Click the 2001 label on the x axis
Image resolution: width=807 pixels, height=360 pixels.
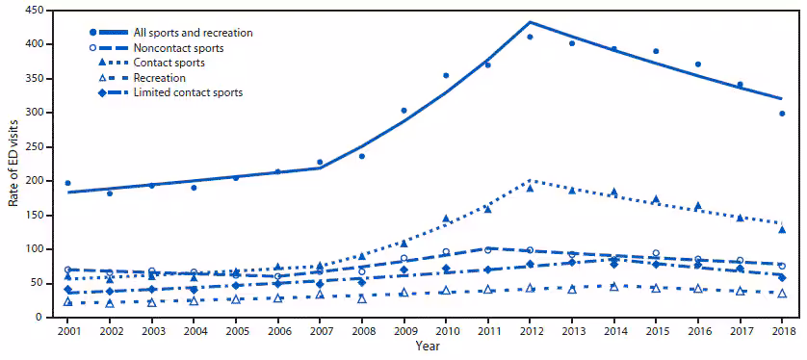point(67,330)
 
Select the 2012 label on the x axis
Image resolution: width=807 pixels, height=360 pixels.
point(530,330)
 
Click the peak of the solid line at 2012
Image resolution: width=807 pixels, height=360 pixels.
point(530,22)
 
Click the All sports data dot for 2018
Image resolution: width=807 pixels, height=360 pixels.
point(782,114)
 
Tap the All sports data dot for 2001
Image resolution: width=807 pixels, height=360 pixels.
point(67,183)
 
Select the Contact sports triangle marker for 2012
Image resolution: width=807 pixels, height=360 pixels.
point(530,188)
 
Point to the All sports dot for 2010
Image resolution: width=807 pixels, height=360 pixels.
point(446,75)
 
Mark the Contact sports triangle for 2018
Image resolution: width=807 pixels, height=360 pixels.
point(782,229)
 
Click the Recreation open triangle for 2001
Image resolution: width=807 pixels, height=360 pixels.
point(67,302)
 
